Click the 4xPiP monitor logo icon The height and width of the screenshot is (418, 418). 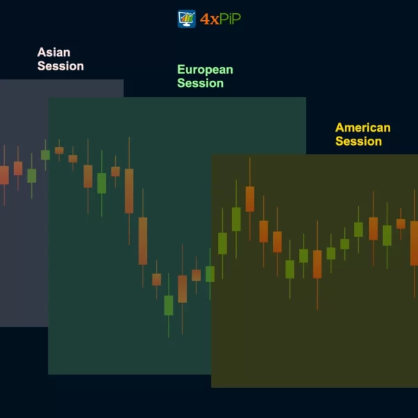(x=187, y=19)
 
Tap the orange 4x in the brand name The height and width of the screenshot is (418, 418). (x=209, y=20)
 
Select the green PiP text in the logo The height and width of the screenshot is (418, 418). (x=230, y=19)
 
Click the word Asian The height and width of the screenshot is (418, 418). (x=54, y=52)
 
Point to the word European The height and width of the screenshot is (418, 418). (x=205, y=70)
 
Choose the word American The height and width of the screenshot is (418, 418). (x=363, y=127)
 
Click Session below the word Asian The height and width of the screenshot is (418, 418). (x=61, y=66)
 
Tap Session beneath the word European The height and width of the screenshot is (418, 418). (x=200, y=83)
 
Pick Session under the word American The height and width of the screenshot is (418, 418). (x=359, y=141)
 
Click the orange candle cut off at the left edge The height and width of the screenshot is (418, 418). (x=4, y=175)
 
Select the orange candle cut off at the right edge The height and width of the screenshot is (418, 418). (x=415, y=243)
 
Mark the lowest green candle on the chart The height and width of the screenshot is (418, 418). (x=169, y=305)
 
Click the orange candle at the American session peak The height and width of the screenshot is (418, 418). (x=250, y=199)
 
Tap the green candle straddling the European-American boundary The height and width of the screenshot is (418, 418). (x=210, y=274)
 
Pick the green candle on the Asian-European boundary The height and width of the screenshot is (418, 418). (x=45, y=155)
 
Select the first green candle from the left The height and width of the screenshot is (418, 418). (x=32, y=176)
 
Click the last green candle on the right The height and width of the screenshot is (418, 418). (x=387, y=235)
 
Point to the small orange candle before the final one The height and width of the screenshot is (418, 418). (x=401, y=224)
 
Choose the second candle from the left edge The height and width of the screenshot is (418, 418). (x=18, y=168)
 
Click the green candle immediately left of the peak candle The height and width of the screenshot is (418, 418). (x=236, y=219)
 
